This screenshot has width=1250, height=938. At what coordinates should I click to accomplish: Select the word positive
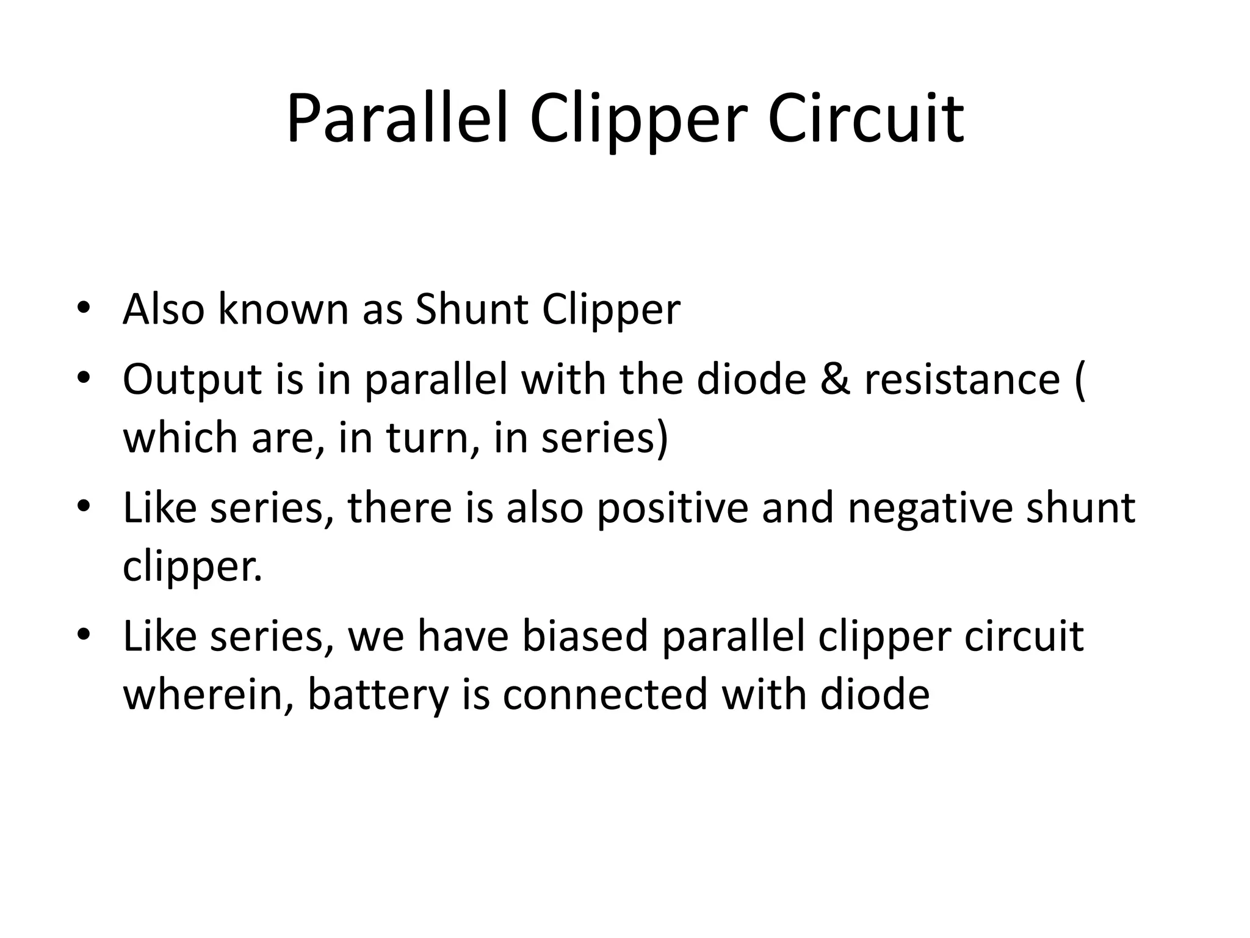(x=672, y=508)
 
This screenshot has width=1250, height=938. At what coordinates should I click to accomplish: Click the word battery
(x=378, y=695)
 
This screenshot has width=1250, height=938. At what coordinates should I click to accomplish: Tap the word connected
(x=604, y=695)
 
